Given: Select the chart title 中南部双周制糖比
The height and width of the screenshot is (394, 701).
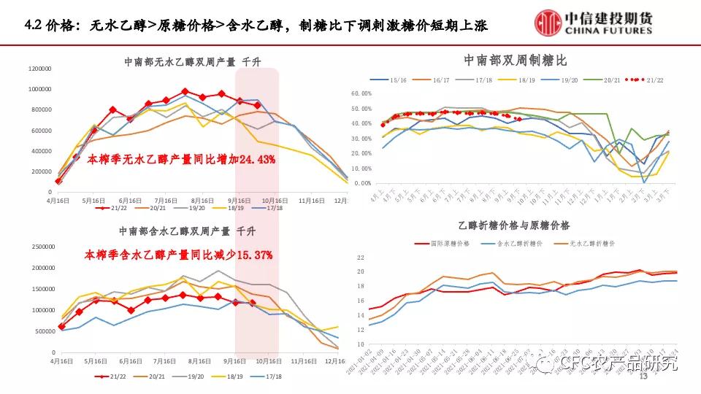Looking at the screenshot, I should click(515, 59).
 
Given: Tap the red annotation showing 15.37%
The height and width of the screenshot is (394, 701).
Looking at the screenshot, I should click(179, 255).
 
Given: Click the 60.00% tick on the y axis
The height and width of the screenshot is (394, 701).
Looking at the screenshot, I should click(362, 93).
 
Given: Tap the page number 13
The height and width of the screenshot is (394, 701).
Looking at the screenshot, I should click(643, 377).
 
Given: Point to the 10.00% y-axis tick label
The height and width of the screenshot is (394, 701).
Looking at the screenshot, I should click(362, 168).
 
